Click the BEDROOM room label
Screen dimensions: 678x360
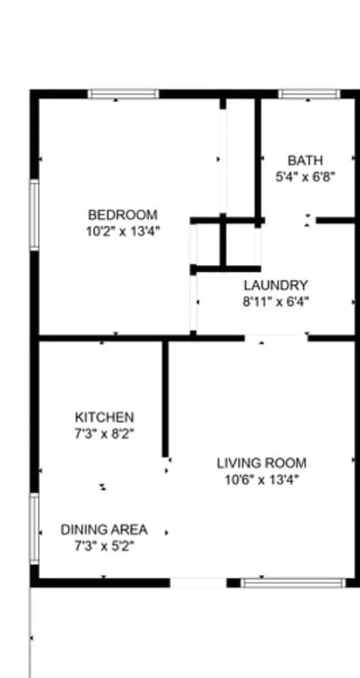[123, 215]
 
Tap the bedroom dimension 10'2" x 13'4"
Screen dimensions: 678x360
[123, 231]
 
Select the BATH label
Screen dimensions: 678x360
[305, 160]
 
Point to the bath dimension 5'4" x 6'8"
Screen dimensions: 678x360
[305, 176]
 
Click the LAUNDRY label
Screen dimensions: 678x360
[275, 286]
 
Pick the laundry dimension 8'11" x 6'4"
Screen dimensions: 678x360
[275, 301]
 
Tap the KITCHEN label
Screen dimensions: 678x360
[104, 418]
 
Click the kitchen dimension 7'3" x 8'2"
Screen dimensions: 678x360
[104, 433]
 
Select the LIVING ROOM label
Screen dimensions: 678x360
[262, 464]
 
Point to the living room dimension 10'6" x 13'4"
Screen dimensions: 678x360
[262, 479]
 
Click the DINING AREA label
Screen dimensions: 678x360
[103, 530]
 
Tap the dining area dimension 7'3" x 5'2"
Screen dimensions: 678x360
[103, 546]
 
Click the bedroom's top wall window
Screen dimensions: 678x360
[124, 94]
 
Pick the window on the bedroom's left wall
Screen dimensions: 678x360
[35, 214]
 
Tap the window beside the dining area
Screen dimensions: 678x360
[35, 529]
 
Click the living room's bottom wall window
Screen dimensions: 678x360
[293, 583]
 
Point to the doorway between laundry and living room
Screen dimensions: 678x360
[276, 338]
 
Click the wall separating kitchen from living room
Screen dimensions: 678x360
[165, 398]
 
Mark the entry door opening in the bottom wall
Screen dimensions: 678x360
[198, 583]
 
